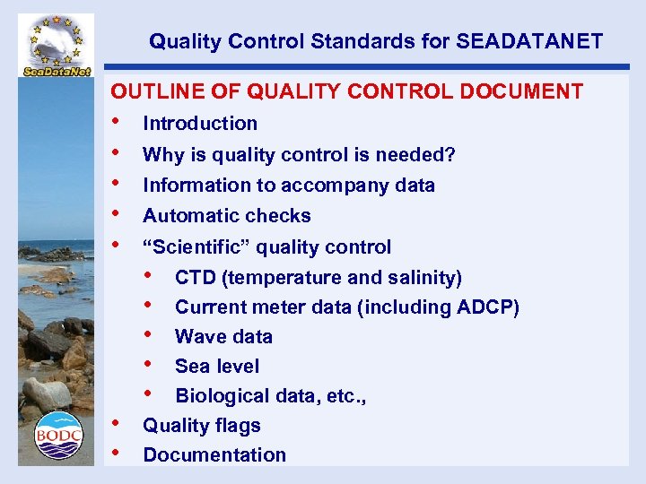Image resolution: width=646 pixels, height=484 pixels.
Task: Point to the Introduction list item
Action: click(x=200, y=124)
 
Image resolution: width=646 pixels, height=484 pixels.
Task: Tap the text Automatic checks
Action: click(x=227, y=216)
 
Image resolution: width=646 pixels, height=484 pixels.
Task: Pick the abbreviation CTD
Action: click(x=194, y=278)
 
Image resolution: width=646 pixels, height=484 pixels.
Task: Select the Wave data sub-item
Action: click(x=223, y=337)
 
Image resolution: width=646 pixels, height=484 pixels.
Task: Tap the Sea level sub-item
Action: click(x=217, y=367)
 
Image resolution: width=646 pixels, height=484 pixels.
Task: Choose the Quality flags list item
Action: click(x=202, y=426)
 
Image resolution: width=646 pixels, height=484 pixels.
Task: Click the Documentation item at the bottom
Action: click(x=214, y=455)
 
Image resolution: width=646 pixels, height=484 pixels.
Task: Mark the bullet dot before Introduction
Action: click(x=114, y=122)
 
